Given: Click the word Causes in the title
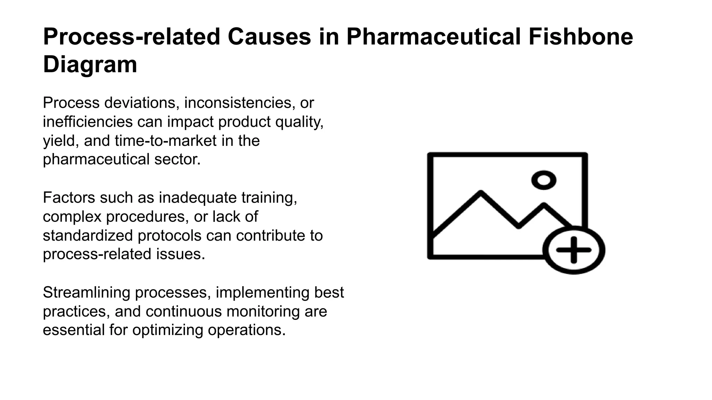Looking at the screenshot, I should pyautogui.click(x=269, y=37).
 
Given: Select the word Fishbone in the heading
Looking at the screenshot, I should pyautogui.click(x=581, y=37).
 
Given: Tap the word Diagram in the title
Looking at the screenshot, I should pyautogui.click(x=90, y=65).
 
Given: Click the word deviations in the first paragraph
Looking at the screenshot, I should pyautogui.click(x=142, y=103).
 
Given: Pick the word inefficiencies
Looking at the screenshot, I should pyautogui.click(x=88, y=122).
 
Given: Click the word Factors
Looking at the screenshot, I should pyautogui.click(x=68, y=198).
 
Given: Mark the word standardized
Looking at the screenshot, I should pyautogui.click(x=88, y=235).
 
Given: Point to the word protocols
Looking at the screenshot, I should pyautogui.click(x=169, y=235).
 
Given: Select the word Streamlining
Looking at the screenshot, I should pyautogui.click(x=86, y=292).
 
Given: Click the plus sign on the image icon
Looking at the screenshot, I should pyautogui.click(x=574, y=250).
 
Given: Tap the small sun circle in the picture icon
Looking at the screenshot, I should pyautogui.click(x=544, y=180).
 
